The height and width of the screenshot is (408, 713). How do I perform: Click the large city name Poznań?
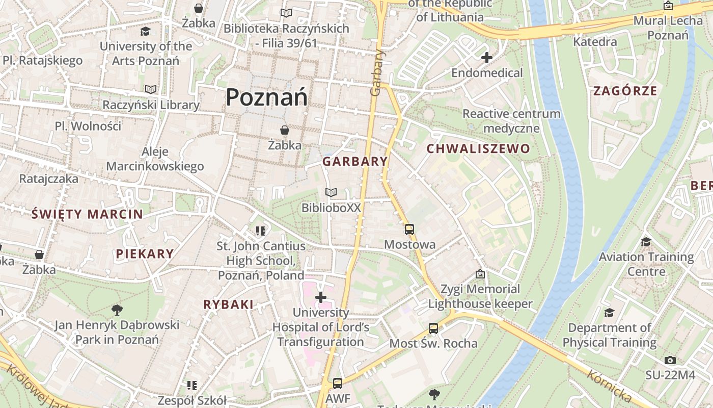(266, 97)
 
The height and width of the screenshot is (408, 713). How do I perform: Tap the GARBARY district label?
(355, 162)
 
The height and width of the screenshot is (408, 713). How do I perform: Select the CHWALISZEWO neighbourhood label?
(478, 149)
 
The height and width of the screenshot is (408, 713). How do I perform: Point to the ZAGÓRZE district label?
(625, 91)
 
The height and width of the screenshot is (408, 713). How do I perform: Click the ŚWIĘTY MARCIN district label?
(87, 214)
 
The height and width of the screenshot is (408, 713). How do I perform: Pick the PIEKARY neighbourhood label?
(145, 253)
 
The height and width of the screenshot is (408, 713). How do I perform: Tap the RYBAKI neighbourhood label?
(228, 304)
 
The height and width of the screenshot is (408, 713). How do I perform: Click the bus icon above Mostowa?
(409, 229)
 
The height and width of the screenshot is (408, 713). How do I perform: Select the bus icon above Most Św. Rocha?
(433, 328)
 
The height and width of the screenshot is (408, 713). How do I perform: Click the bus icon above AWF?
(338, 383)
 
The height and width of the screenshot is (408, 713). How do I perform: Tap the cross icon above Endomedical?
(487, 58)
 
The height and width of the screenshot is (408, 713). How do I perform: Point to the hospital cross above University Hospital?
(321, 297)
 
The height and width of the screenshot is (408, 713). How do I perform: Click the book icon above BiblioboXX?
(331, 192)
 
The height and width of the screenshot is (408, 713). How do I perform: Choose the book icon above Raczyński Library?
(151, 89)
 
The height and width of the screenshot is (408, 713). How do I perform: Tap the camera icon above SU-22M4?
(670, 360)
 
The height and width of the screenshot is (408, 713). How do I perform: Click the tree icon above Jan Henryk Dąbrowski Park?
(117, 309)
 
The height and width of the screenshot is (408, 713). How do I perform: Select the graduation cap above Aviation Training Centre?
(646, 242)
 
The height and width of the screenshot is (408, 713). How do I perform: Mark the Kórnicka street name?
(610, 385)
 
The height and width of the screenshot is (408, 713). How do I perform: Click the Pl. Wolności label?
(88, 126)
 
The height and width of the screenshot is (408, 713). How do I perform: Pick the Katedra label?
(595, 42)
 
